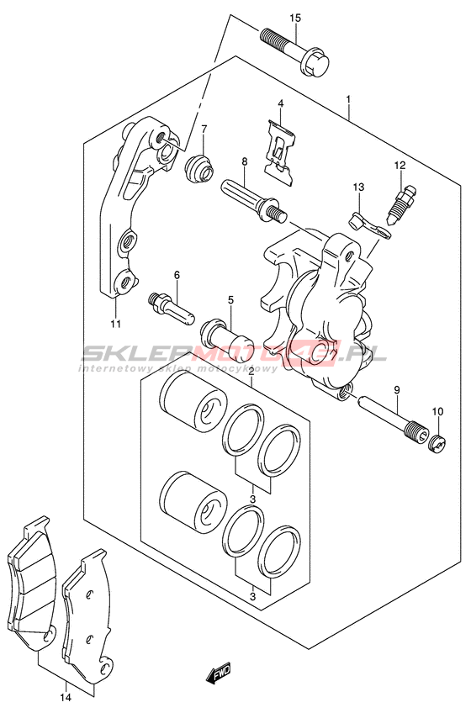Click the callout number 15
tap(295, 18)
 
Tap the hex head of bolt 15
tap(315, 65)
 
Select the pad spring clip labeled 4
tap(281, 153)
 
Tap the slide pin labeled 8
tap(253, 201)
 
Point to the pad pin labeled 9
tap(392, 415)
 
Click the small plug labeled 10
tap(438, 443)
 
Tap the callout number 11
tap(115, 324)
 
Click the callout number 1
tap(348, 99)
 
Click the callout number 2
tap(251, 372)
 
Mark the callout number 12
tap(400, 166)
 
